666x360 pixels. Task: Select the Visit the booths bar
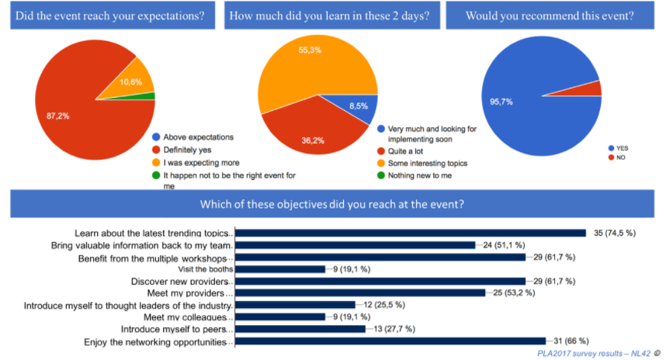[x=279, y=269]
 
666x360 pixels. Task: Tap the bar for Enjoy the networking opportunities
[x=390, y=341]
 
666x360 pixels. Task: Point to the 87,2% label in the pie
[x=57, y=116]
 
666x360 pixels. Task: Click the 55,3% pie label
[x=310, y=50]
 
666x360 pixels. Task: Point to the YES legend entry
[x=621, y=147]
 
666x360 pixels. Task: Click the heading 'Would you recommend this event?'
[x=550, y=15]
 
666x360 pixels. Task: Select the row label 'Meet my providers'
[x=190, y=293]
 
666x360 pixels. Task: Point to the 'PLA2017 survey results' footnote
[x=593, y=353]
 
